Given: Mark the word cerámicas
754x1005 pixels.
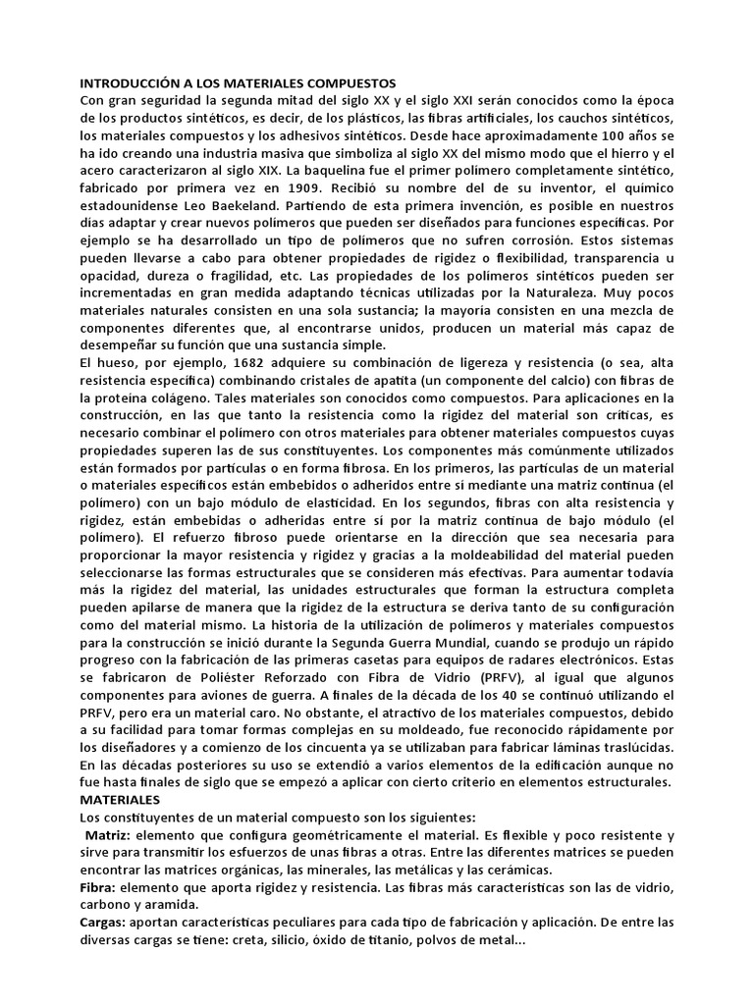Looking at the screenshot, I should coord(517,871).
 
